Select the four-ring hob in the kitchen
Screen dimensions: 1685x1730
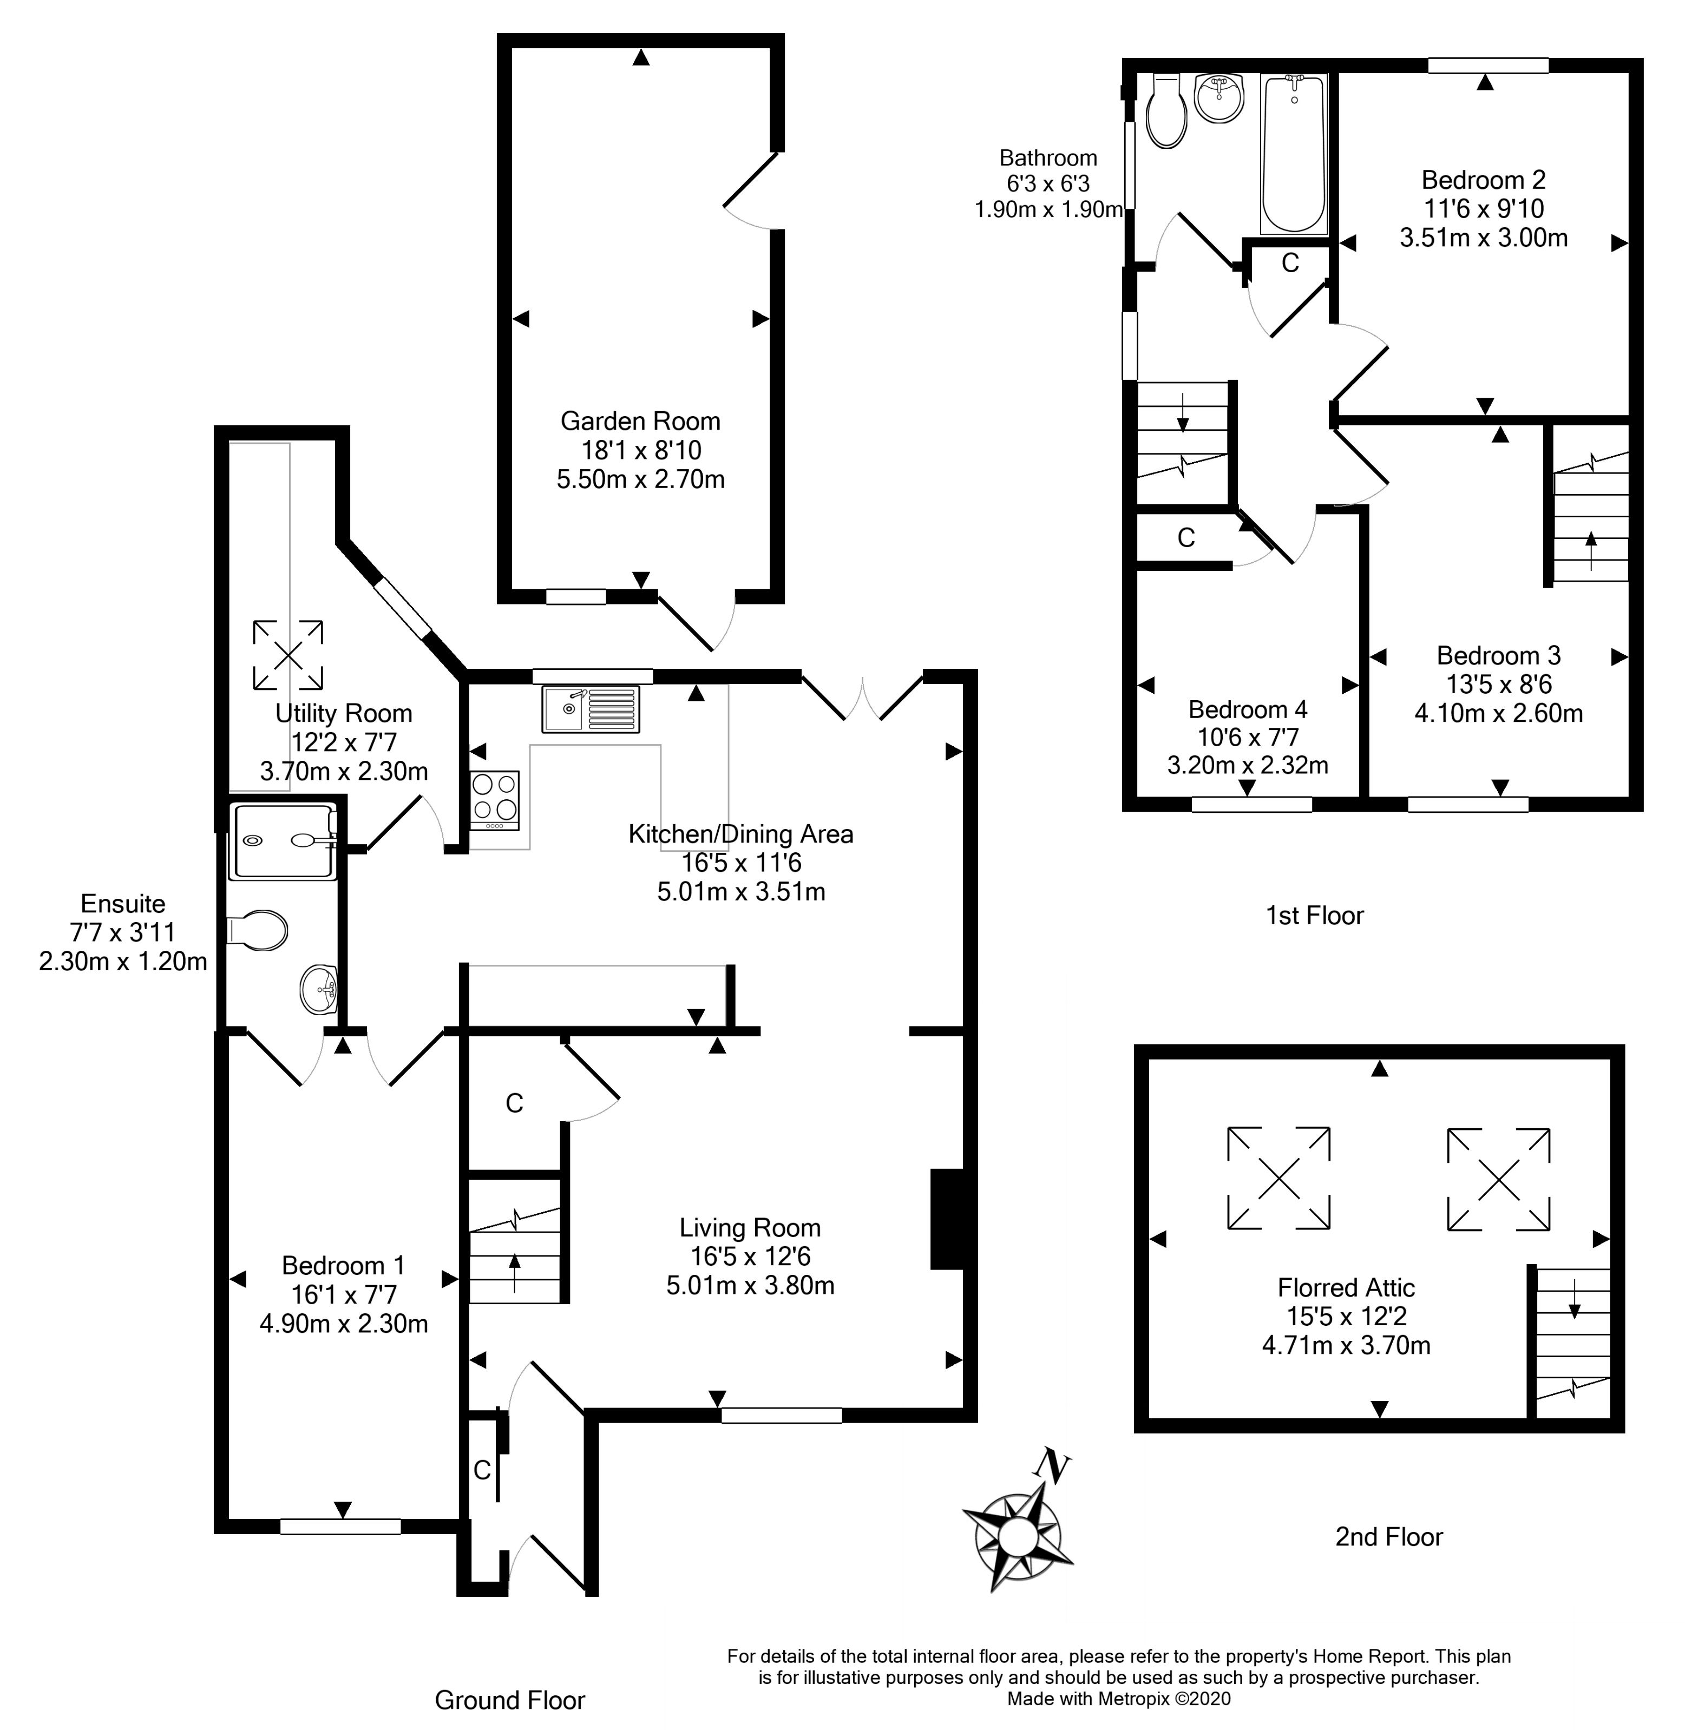tap(495, 799)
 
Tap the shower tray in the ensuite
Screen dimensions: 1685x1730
tap(283, 841)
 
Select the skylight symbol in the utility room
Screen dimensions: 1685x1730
tap(287, 655)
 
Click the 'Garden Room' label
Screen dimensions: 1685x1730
tap(640, 421)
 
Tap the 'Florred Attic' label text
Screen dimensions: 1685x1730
tap(1345, 1287)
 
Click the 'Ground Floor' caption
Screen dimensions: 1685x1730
tap(510, 1700)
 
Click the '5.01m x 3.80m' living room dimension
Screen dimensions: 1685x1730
tap(750, 1285)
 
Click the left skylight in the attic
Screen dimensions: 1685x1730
tap(1278, 1177)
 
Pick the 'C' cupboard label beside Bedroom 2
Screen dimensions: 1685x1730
tap(1289, 263)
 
